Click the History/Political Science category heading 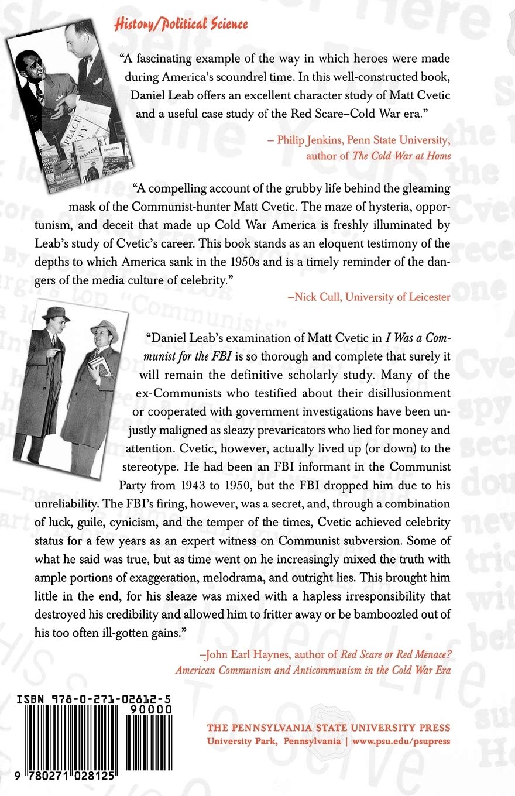180,24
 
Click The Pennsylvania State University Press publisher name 329,728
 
